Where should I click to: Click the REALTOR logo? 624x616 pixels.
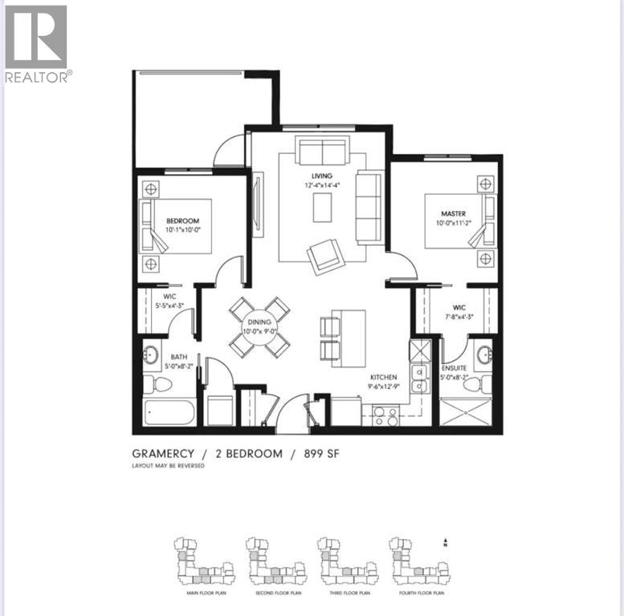tap(37, 43)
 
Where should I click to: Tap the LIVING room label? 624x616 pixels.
tap(323, 176)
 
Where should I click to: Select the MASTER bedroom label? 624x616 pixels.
tap(453, 213)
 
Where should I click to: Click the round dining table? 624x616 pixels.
tap(259, 327)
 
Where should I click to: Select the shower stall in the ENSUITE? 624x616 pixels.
tap(471, 415)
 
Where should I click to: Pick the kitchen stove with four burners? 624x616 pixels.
tap(386, 416)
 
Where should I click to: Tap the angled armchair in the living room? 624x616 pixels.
tap(324, 255)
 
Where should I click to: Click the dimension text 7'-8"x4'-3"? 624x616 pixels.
tap(459, 316)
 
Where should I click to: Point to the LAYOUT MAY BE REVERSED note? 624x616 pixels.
tap(167, 466)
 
